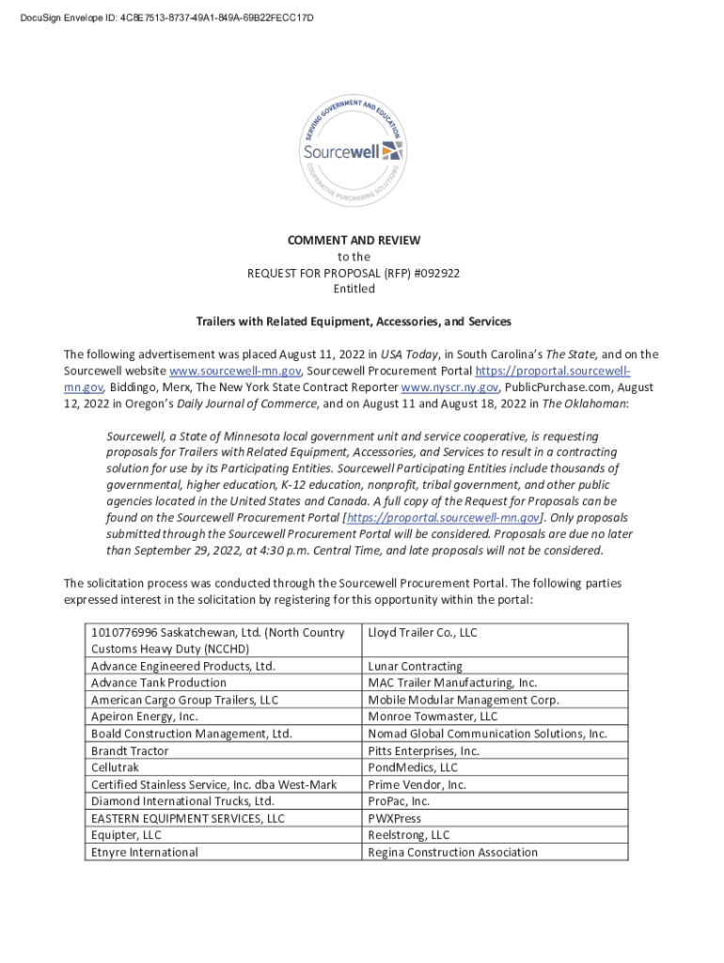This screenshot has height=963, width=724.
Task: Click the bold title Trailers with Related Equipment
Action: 354,322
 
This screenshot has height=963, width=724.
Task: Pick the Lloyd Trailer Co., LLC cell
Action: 422,633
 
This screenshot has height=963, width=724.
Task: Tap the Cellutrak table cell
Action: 119,767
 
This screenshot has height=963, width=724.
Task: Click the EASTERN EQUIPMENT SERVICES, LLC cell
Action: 187,818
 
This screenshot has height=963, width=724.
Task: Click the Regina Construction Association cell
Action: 452,852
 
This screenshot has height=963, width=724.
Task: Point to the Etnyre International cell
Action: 144,852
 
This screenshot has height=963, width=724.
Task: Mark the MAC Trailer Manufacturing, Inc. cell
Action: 452,683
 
